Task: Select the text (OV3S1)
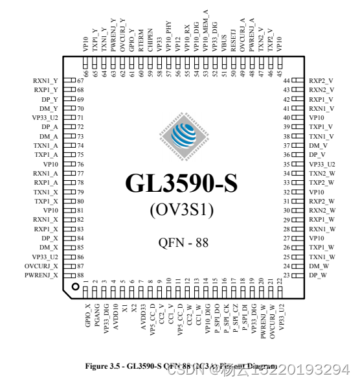(x=181, y=210)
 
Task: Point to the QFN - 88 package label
(x=183, y=242)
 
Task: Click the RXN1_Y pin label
(x=45, y=80)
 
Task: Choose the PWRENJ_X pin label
(x=42, y=275)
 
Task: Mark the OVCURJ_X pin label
(x=41, y=266)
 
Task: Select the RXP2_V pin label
(x=321, y=80)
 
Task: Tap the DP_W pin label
(x=317, y=275)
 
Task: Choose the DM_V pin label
(x=317, y=146)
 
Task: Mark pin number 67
(x=80, y=80)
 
